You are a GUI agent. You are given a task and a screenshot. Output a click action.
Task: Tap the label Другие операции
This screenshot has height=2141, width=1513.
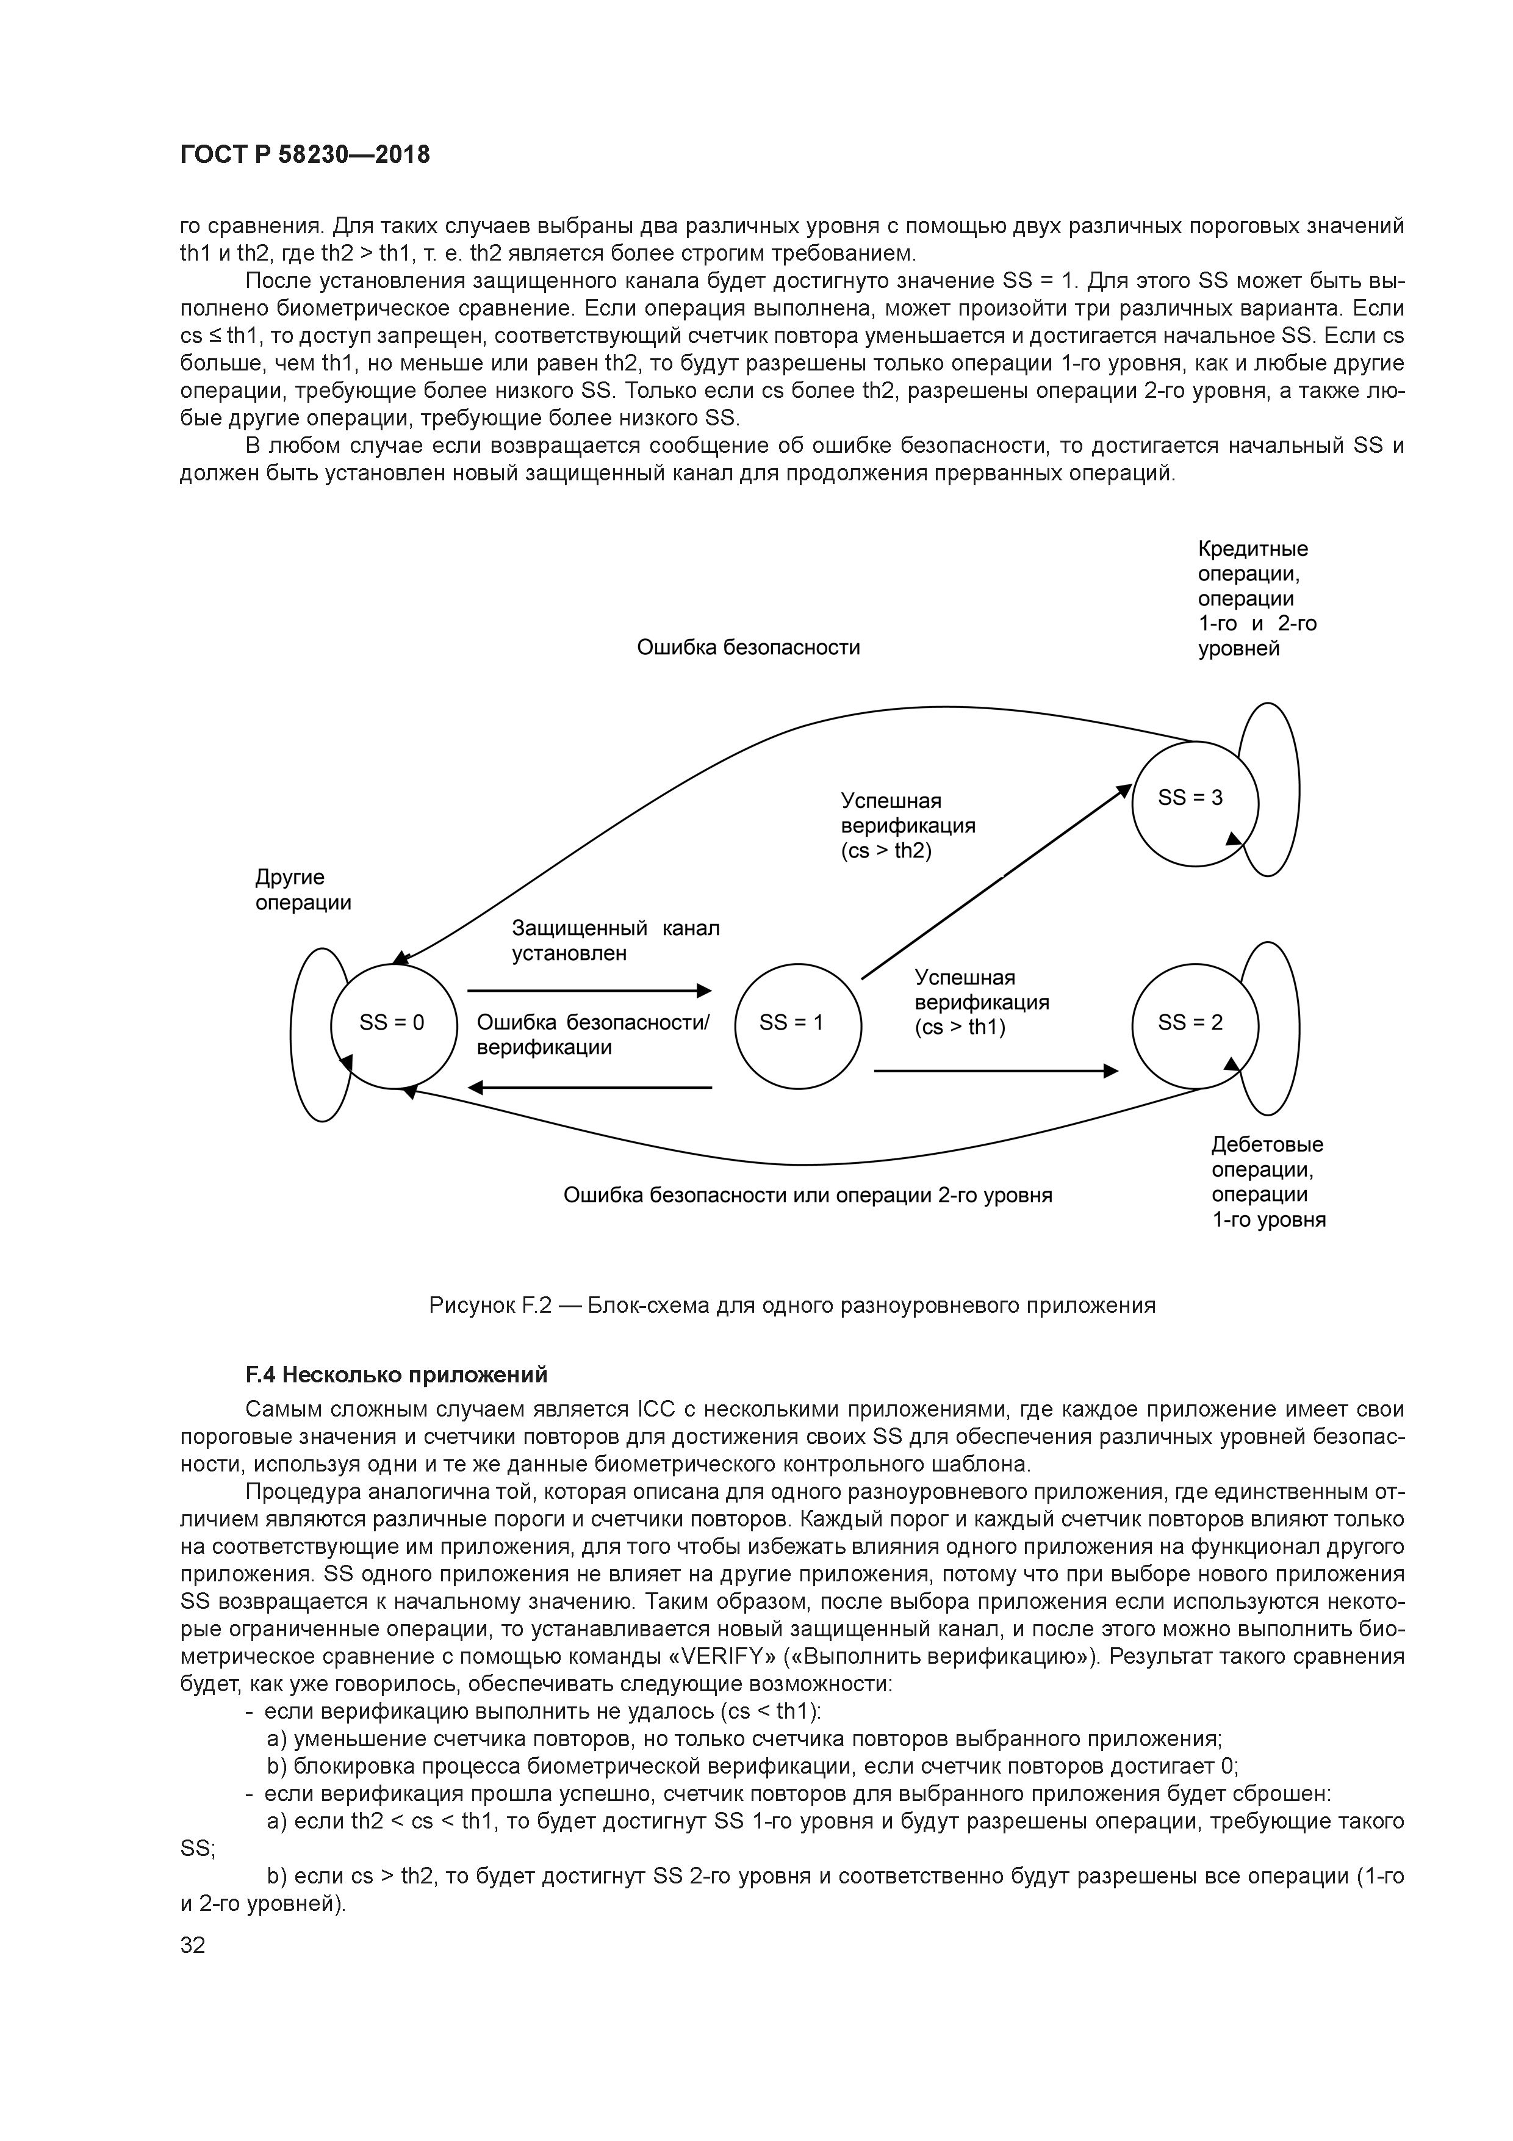(x=303, y=890)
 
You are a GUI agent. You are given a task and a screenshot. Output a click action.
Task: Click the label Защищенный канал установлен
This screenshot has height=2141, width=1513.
(x=616, y=941)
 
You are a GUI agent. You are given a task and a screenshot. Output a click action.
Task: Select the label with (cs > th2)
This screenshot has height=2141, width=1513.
(x=907, y=826)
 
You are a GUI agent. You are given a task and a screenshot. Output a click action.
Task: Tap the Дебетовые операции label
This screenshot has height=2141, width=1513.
(x=1267, y=1182)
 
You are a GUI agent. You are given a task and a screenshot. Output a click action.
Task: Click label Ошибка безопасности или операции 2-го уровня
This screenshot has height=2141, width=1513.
(x=807, y=1196)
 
